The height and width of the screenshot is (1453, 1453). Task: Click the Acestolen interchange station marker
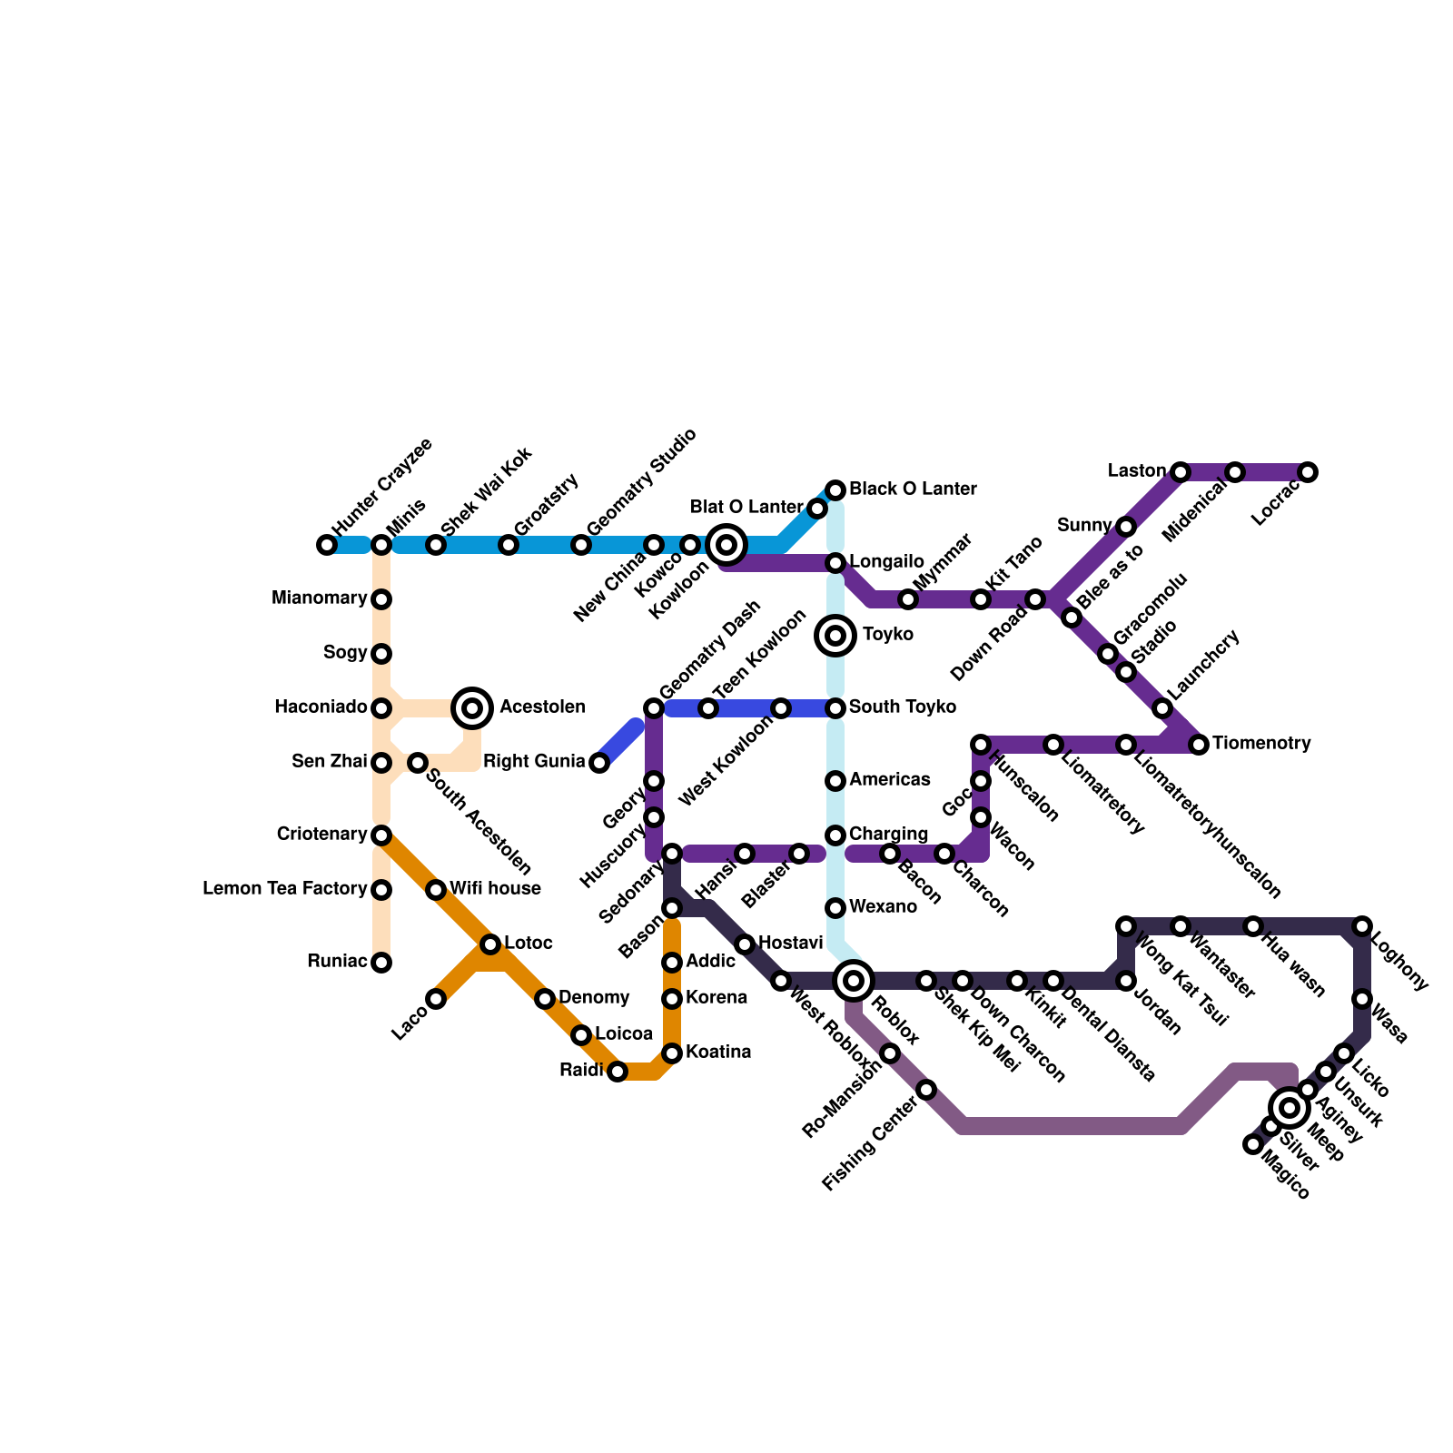pos(472,707)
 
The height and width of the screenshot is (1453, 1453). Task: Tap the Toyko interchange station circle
pos(835,635)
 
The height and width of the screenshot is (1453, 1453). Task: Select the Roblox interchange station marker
pos(854,980)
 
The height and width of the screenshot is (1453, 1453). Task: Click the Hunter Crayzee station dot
pos(327,545)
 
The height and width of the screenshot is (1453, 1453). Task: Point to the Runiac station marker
pos(381,963)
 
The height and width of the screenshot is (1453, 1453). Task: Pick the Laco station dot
pos(436,999)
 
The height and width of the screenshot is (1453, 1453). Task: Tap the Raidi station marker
pos(618,1072)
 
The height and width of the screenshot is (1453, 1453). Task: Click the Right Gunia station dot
pos(599,763)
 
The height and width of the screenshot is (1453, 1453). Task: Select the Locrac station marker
pos(1307,472)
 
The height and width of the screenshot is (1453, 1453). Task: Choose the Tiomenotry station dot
pos(1199,745)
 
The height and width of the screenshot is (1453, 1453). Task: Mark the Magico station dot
pos(1253,1144)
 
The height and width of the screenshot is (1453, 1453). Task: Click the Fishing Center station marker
pos(926,1090)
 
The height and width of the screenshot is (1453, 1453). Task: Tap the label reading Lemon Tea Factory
pos(284,889)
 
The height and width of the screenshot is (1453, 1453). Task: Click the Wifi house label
pos(495,889)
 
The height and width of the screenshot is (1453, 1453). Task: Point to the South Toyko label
pos(902,707)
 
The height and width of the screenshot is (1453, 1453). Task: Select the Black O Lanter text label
pos(913,489)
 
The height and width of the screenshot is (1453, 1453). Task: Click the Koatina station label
pos(718,1053)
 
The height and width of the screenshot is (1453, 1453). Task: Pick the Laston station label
pos(1137,471)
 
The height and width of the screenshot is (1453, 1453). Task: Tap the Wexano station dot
pos(835,908)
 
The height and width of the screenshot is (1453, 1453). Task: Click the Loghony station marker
pos(1362,926)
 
